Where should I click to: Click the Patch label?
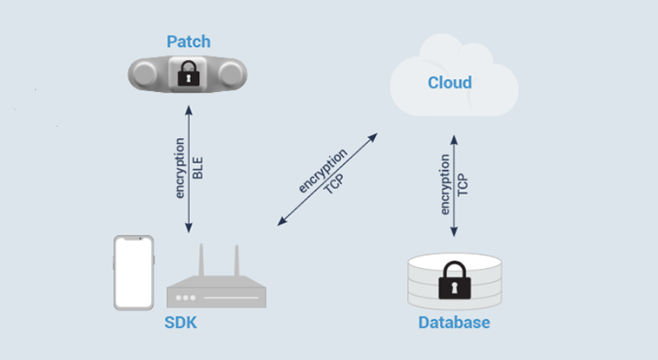[188, 41]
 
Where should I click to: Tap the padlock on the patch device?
[189, 73]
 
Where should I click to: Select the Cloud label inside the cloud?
[450, 82]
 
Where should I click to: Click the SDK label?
[180, 323]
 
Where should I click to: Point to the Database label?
[454, 322]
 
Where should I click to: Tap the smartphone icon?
[134, 273]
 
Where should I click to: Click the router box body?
[216, 295]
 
